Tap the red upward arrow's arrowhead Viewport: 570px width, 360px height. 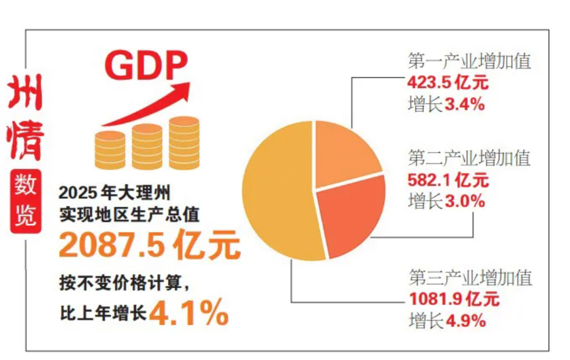(x=182, y=89)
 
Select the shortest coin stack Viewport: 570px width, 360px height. (x=110, y=150)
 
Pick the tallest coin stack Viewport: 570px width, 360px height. (x=184, y=142)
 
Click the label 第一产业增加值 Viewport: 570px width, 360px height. (x=469, y=62)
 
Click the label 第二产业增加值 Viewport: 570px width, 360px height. (x=469, y=159)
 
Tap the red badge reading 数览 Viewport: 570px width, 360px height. (x=26, y=201)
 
